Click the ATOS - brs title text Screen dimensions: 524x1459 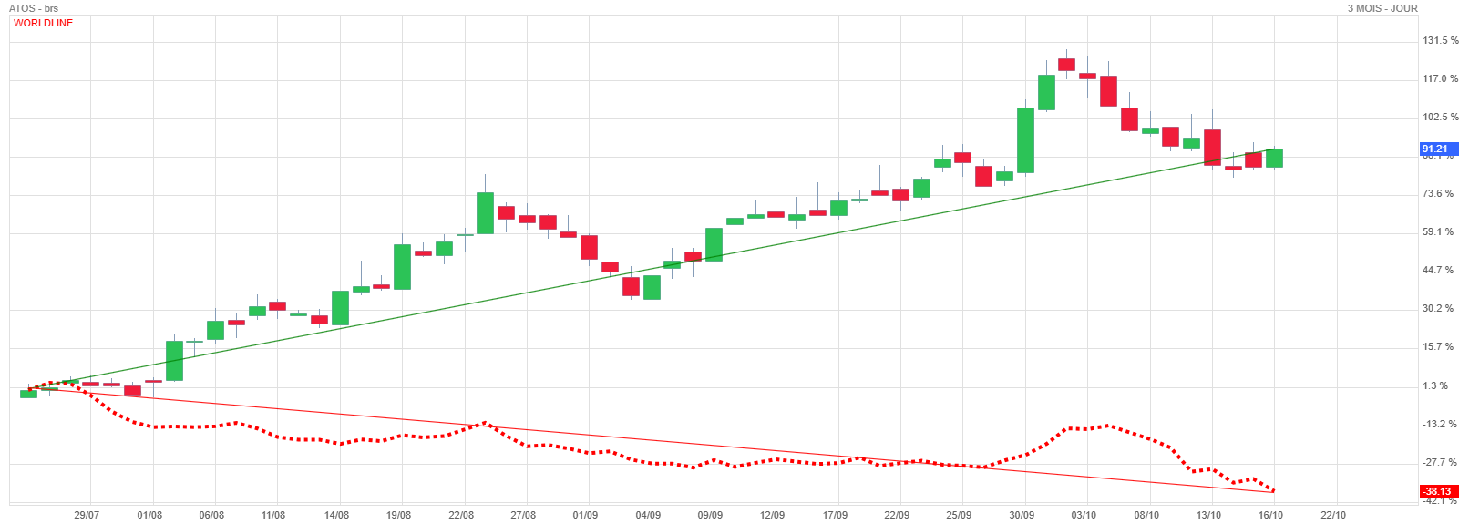34,8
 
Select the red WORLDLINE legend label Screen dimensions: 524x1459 43,23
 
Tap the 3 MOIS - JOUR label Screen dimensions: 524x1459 1382,8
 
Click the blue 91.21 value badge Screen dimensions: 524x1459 1438,149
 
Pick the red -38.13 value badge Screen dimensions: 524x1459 1438,491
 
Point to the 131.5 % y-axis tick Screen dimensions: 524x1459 1440,40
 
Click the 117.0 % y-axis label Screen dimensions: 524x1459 1440,79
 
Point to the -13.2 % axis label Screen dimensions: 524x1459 1439,424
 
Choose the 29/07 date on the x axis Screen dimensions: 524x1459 87,515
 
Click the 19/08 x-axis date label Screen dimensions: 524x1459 398,515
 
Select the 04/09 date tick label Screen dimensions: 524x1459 648,515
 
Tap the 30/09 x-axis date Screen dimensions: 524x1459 1022,515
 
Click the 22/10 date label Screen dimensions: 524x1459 1332,515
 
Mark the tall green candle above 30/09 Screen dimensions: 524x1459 1025,140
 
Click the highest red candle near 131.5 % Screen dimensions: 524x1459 1066,65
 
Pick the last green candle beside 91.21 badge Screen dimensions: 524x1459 1274,158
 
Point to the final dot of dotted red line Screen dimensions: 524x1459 1272,491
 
